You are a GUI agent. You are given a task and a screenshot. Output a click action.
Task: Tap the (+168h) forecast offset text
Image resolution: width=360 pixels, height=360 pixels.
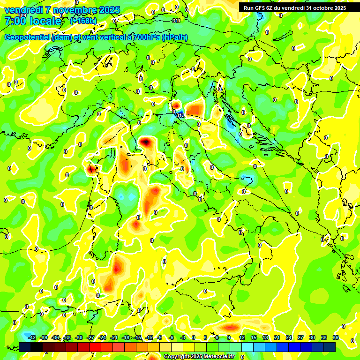click(83, 21)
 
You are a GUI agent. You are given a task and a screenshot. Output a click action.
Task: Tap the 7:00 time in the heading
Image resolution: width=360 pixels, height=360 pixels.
click(15, 21)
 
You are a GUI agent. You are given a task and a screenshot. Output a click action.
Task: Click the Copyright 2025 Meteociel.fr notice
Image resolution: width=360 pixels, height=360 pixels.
click(199, 356)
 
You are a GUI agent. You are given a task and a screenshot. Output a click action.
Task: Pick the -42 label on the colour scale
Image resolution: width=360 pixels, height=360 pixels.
click(32, 337)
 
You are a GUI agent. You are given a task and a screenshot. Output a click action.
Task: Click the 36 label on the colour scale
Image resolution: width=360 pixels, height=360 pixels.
click(336, 337)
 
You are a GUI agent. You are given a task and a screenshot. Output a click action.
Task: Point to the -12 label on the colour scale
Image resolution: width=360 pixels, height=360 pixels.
click(149, 337)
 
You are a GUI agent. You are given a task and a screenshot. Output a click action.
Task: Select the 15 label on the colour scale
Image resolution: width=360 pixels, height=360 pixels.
click(254, 337)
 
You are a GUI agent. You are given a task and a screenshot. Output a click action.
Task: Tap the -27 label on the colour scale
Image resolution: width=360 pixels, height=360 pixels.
click(90, 337)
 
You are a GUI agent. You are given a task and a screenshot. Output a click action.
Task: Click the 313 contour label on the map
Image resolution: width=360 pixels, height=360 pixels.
click(180, 115)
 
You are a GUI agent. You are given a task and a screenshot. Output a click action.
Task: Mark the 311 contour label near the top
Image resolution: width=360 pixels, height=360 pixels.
click(176, 21)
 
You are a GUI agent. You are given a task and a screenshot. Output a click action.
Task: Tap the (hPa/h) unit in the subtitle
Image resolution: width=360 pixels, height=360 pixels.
click(175, 37)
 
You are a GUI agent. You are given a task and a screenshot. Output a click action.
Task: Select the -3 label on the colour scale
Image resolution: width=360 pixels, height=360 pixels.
click(183, 337)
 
